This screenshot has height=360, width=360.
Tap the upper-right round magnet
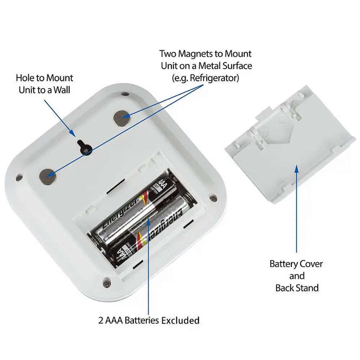coord(121,117)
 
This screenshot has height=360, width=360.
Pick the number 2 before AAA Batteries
coord(102,320)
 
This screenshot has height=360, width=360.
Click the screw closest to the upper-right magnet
coord(125,94)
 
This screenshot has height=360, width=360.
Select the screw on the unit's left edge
coord(19,177)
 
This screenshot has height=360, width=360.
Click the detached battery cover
coord(284,144)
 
